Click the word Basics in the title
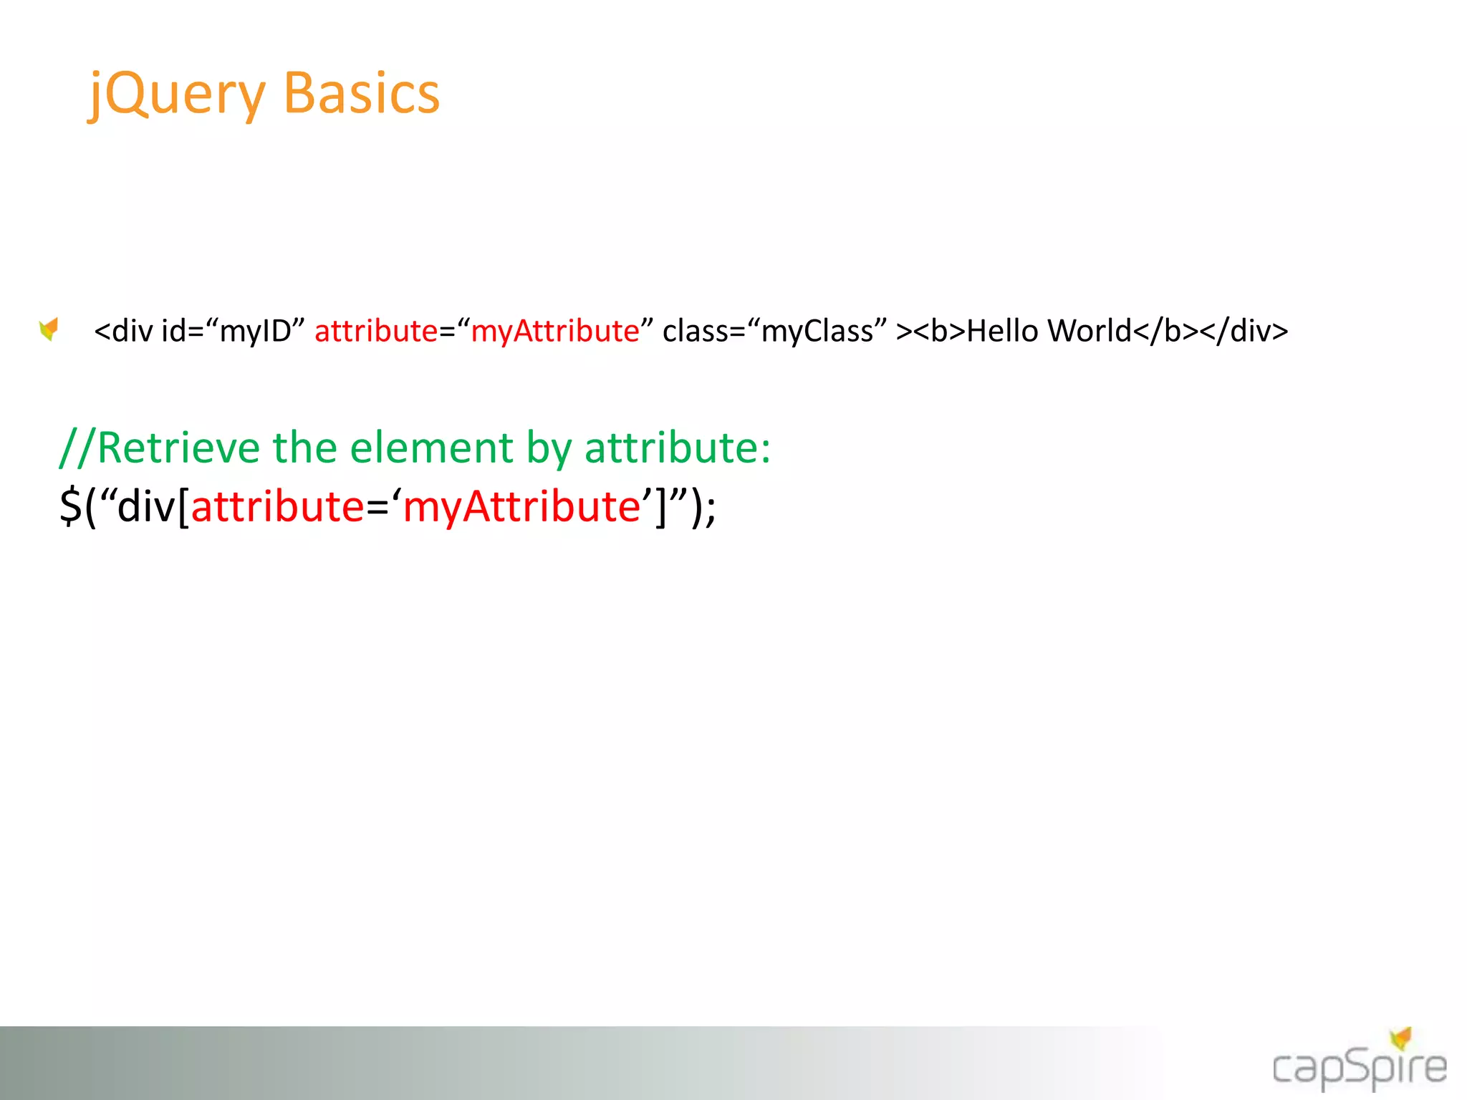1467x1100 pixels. click(362, 94)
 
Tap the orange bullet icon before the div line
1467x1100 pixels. click(49, 329)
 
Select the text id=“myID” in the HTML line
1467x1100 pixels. click(234, 331)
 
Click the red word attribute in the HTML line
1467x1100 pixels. click(376, 331)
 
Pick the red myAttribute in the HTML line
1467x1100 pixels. click(555, 331)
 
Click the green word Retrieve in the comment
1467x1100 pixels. click(178, 448)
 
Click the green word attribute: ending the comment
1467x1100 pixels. click(677, 448)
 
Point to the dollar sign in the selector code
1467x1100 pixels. click(70, 506)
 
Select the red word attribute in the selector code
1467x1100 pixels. click(278, 506)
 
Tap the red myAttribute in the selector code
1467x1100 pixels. click(521, 506)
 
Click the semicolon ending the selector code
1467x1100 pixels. click(710, 508)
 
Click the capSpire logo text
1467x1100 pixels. click(1359, 1067)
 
